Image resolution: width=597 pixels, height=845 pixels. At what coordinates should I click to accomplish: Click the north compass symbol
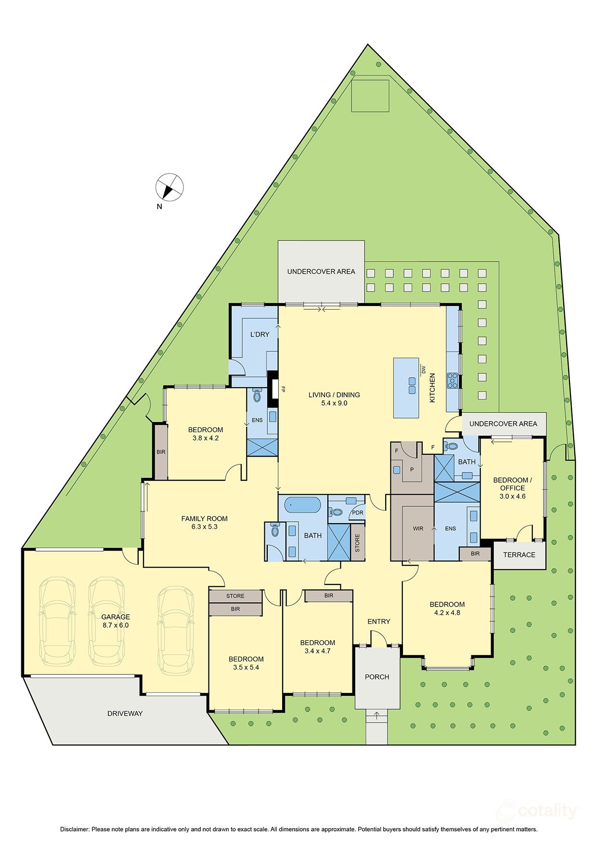tap(169, 186)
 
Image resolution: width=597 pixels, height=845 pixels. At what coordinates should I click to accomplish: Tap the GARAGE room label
tap(116, 617)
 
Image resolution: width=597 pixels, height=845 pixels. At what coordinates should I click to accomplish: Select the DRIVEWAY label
tap(125, 713)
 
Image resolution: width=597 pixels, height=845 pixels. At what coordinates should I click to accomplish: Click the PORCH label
tap(377, 677)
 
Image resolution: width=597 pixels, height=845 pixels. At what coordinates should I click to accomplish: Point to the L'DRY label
tap(260, 334)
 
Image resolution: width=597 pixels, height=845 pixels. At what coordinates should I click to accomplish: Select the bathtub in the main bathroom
tap(303, 506)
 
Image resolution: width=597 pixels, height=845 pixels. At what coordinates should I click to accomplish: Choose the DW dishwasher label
tap(424, 370)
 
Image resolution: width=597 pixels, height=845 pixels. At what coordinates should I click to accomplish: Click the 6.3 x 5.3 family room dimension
tap(205, 527)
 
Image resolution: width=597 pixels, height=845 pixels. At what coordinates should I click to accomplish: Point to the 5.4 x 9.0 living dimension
tap(334, 403)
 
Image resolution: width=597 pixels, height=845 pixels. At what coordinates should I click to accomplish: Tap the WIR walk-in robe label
tap(418, 528)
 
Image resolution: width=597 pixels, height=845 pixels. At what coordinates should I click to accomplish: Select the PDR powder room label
tap(358, 513)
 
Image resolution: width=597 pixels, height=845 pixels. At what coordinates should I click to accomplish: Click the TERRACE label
tap(519, 555)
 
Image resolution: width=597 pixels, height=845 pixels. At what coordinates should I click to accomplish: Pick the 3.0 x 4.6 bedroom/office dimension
tap(512, 496)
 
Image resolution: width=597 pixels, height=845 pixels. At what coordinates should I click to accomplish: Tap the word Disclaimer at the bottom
tap(75, 830)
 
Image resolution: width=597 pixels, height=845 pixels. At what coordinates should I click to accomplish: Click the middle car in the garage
tap(106, 621)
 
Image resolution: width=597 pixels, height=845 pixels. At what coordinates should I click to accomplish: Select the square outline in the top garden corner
tap(370, 96)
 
